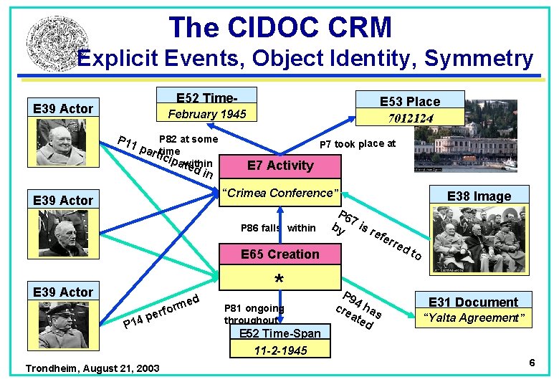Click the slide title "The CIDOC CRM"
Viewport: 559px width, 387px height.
tap(280, 27)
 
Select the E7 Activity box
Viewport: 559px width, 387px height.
tap(280, 166)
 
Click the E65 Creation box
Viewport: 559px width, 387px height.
tap(280, 254)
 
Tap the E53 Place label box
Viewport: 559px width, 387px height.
tap(410, 101)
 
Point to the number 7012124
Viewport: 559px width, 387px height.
tap(410, 117)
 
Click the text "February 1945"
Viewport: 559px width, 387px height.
tap(206, 114)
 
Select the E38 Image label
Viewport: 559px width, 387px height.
tap(479, 196)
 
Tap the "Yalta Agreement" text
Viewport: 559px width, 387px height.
tap(474, 317)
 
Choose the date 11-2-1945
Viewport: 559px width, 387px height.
tap(280, 350)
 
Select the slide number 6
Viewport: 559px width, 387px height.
tap(532, 363)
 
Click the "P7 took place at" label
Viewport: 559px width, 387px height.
tap(357, 144)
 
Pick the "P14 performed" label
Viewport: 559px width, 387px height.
tap(161, 310)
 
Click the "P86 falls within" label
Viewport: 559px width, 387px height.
tap(278, 228)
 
